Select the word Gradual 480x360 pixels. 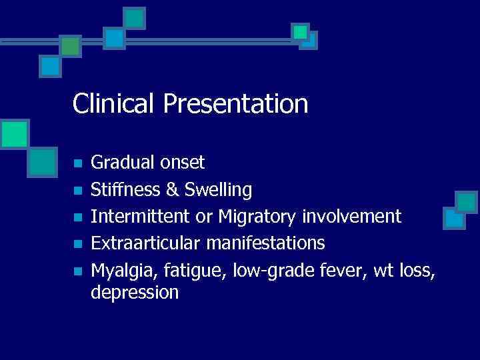(120, 162)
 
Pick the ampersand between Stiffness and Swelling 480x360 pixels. (173, 190)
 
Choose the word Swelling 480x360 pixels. (218, 191)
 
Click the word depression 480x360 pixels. (135, 293)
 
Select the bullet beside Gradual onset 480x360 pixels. (77, 163)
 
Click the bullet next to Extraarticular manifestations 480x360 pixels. (77, 244)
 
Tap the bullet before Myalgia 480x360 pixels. (77, 271)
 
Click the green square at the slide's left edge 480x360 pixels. (13, 134)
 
